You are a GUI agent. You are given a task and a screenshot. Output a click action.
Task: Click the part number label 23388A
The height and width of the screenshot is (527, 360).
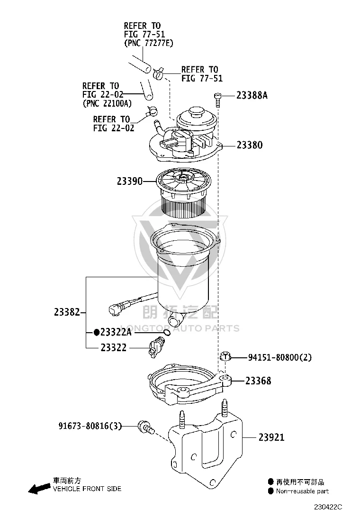[252, 95]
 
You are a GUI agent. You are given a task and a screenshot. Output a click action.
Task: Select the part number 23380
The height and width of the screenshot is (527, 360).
[250, 145]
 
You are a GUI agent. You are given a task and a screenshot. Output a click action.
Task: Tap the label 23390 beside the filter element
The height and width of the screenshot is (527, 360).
[130, 182]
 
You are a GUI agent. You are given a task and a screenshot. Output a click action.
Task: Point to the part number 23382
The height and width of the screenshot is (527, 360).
[67, 312]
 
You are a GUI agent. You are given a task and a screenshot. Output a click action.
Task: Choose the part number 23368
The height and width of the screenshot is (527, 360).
[258, 381]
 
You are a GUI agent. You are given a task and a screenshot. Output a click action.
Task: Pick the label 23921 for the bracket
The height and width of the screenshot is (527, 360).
[271, 437]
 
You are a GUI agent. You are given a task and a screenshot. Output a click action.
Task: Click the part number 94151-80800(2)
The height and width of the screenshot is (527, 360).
[280, 358]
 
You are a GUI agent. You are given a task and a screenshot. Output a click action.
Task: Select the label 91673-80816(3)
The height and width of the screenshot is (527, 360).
[90, 426]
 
